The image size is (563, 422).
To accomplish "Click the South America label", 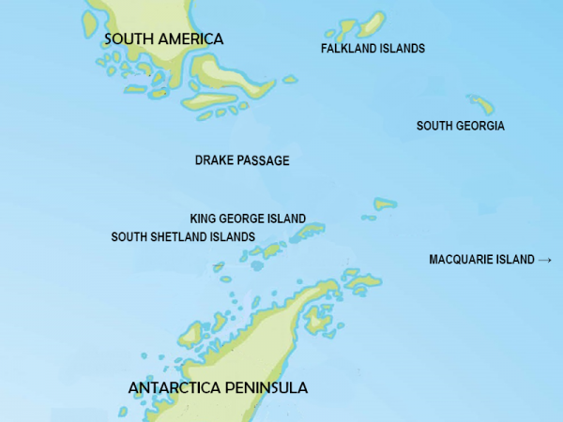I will pyautogui.click(x=164, y=39).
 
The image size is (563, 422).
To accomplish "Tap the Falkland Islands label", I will pyautogui.click(x=373, y=48).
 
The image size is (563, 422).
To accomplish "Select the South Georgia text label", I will pyautogui.click(x=461, y=126).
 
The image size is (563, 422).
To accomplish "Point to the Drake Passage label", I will pyautogui.click(x=242, y=160).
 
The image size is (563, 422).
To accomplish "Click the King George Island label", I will pyautogui.click(x=248, y=218).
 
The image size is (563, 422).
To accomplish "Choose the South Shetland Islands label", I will pyautogui.click(x=183, y=236).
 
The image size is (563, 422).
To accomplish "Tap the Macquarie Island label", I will pyautogui.click(x=481, y=259).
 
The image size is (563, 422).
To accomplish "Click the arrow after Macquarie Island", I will pyautogui.click(x=545, y=259).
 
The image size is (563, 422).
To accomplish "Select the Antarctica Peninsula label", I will pyautogui.click(x=218, y=387).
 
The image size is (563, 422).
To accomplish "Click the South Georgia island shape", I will pyautogui.click(x=481, y=104).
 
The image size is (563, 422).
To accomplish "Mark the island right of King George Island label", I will pyautogui.click(x=312, y=228).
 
